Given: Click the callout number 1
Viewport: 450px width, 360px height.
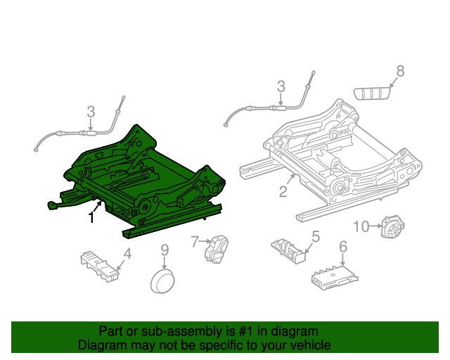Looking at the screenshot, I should pyautogui.click(x=91, y=218).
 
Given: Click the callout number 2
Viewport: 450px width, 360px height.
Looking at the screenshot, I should pyautogui.click(x=283, y=191).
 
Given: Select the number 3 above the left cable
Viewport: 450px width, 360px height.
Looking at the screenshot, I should pyautogui.click(x=91, y=111).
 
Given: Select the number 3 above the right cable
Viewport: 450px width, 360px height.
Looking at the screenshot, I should pyautogui.click(x=281, y=86).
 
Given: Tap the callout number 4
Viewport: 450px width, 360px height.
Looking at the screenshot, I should pyautogui.click(x=127, y=254).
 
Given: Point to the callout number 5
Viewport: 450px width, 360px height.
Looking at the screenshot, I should pyautogui.click(x=316, y=237).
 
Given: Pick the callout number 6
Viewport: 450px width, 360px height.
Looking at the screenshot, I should pyautogui.click(x=343, y=247).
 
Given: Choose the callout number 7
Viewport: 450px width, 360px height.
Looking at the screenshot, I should pyautogui.click(x=195, y=242).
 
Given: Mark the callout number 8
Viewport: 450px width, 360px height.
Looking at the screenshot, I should pyautogui.click(x=400, y=70).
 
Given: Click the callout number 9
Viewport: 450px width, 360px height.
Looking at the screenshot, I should pyautogui.click(x=164, y=250).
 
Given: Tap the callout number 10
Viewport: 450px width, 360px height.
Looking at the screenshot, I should pyautogui.click(x=361, y=226).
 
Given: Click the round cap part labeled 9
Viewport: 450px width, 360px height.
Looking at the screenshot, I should pyautogui.click(x=164, y=282).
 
